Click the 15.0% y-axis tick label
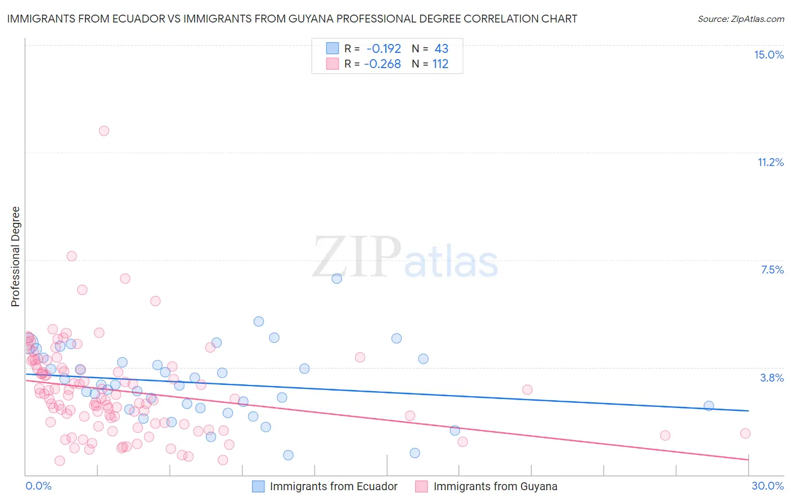pos(768,55)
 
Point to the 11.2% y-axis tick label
pos(770,162)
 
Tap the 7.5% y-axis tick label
pos(772,270)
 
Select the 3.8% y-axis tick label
pos(772,378)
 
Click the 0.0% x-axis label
pos(38,486)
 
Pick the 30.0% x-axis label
pos(767,486)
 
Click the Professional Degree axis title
pos(15,257)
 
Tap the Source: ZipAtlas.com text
pos(740,19)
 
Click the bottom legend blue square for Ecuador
pos(258,486)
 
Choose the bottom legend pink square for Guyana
pos(421,486)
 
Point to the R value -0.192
pos(384,48)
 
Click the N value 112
pos(440,64)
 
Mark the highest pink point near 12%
pos(104,131)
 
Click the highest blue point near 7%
pos(336,279)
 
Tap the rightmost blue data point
pos(708,406)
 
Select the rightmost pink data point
pos(745,433)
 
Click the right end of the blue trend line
pos(748,411)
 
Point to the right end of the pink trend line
pos(748,460)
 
